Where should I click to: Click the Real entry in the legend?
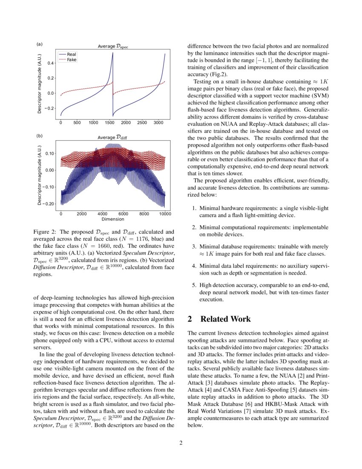coord(71,55)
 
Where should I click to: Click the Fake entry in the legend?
coord(71,60)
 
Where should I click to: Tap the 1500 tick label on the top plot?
coord(109,123)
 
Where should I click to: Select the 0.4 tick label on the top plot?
coord(51,63)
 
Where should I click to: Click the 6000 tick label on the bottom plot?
coord(124,214)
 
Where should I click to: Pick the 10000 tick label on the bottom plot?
coord(165,214)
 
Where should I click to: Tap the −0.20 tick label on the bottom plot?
coord(49,204)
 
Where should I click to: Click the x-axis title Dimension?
coord(113,219)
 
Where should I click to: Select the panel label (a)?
coord(40,44)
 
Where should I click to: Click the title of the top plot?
coord(113,46)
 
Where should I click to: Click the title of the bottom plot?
coord(113,138)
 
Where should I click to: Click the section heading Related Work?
coord(225,319)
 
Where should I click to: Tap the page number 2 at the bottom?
coord(181,443)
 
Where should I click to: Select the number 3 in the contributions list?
coord(193,246)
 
